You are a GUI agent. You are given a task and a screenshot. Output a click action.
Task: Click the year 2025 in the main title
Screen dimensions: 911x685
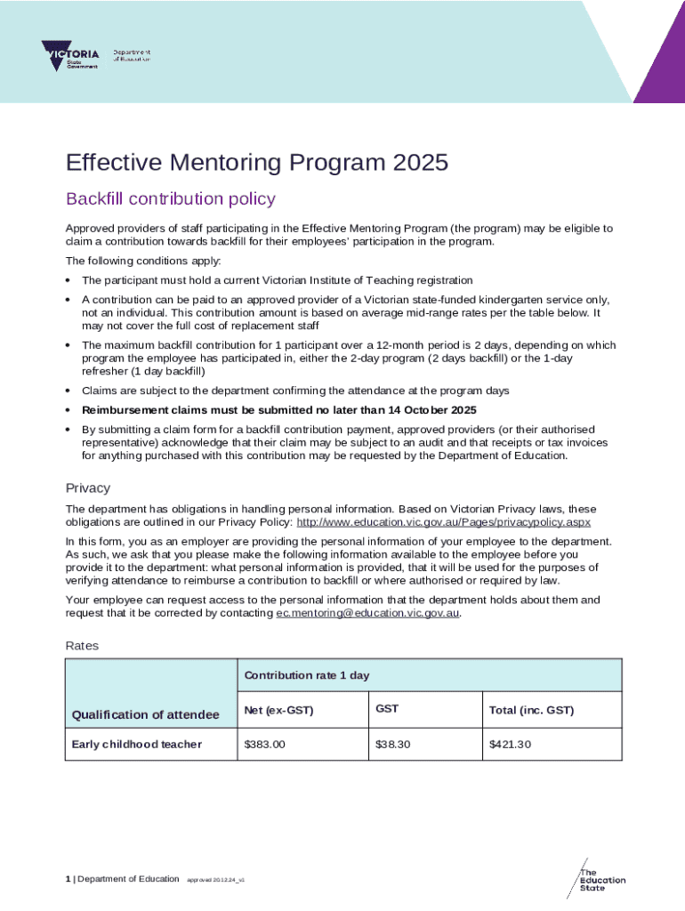[419, 163]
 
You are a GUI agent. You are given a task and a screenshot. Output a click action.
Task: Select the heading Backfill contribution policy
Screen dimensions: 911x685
[171, 199]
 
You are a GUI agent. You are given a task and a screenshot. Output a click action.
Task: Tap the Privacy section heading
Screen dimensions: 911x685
[88, 488]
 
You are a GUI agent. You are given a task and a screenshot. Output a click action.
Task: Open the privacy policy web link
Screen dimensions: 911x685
[443, 522]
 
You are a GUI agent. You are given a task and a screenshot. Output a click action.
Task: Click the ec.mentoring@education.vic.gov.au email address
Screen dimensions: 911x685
[367, 613]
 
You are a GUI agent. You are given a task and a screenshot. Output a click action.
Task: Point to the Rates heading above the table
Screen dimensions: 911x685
[83, 645]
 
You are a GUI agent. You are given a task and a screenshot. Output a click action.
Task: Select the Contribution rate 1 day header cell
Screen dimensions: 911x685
[307, 675]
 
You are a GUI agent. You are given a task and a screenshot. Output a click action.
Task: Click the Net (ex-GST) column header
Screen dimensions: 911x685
[278, 710]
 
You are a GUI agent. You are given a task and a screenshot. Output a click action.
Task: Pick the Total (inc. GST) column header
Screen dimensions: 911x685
[531, 710]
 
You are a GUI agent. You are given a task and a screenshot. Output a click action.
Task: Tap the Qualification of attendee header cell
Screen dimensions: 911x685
[145, 714]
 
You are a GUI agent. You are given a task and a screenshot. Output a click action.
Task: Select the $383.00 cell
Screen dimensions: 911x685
[264, 744]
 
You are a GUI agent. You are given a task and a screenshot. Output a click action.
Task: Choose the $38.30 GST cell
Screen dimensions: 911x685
[393, 744]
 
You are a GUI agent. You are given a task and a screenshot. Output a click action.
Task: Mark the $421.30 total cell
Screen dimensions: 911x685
[510, 744]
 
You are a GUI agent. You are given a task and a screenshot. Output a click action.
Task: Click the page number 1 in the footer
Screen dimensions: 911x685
[68, 879]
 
